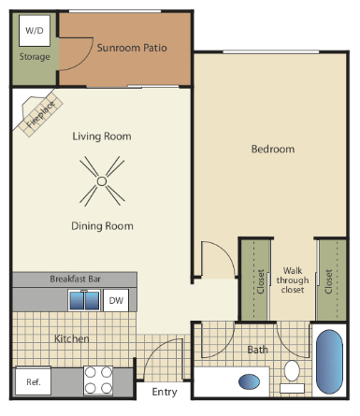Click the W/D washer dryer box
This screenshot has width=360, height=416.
click(34, 31)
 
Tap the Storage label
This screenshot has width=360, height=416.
click(35, 56)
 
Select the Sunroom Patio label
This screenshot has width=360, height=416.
click(132, 47)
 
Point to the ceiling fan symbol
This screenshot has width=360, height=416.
click(102, 179)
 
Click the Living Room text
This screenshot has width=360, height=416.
click(103, 136)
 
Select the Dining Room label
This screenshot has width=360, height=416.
click(102, 225)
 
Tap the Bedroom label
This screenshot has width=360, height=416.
click(273, 149)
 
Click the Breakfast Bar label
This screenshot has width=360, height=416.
click(75, 279)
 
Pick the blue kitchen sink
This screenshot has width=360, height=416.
click(83, 300)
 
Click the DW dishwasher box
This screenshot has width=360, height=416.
click(116, 300)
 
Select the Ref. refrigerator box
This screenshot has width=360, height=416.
click(34, 382)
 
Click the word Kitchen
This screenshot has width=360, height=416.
click(71, 338)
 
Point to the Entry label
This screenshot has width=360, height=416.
click(165, 392)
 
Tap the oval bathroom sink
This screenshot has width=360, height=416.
click(250, 381)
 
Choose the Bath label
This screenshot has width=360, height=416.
click(258, 350)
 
